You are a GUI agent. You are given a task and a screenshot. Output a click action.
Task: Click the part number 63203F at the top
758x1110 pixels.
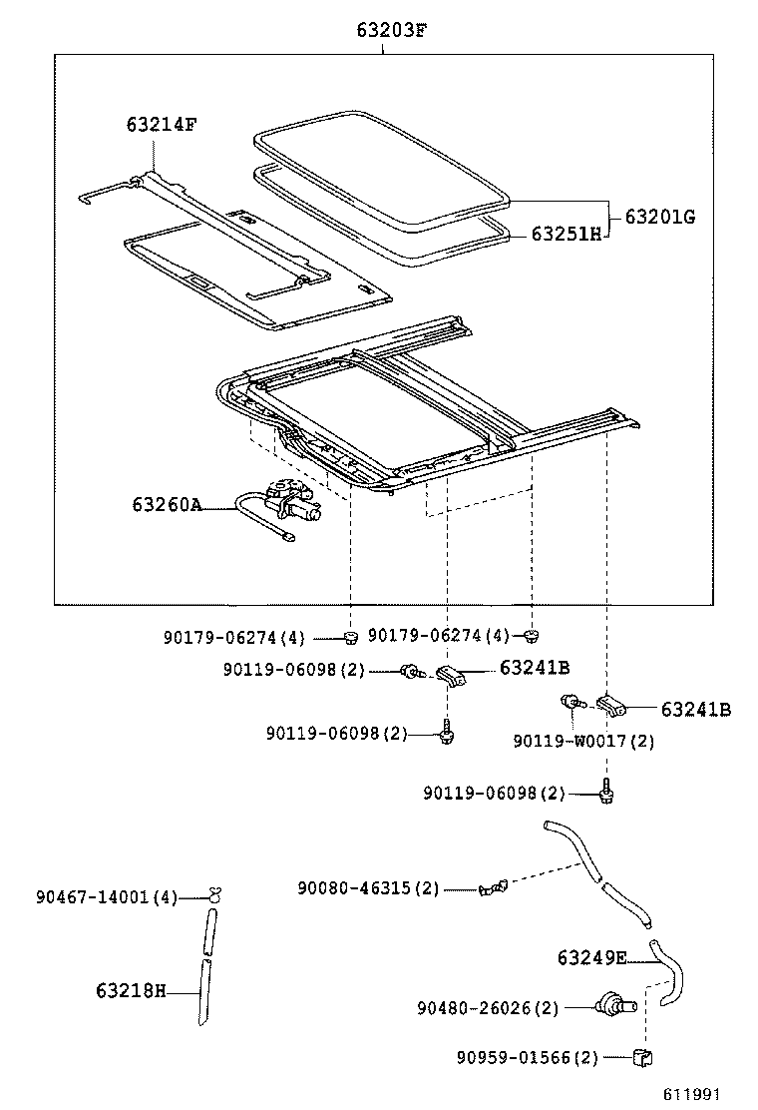coord(391,30)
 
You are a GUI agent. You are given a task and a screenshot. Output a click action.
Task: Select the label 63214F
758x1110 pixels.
coord(162,125)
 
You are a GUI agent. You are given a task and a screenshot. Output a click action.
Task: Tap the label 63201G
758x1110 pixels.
coord(659,216)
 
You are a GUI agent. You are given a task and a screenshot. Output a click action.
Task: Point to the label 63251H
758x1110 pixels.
coord(567,234)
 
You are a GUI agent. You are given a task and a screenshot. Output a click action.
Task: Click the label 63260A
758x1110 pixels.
coord(167,505)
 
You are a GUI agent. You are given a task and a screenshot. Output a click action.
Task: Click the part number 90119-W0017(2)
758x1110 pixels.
coord(583,741)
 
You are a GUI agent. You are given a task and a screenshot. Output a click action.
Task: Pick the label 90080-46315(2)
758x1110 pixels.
coord(368,887)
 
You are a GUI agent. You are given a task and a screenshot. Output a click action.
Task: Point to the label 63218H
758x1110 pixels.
coord(131,991)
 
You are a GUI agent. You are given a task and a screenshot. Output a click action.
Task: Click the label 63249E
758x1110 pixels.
coord(591,959)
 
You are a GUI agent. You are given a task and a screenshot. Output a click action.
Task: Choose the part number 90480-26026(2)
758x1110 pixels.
coord(488,1008)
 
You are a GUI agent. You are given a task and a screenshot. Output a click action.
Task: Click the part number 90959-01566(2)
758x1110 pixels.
coord(528,1057)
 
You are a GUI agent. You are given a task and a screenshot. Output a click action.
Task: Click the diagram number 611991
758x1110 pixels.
coord(692,1094)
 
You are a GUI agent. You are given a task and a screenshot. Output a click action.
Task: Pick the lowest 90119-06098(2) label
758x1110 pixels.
coord(494,793)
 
